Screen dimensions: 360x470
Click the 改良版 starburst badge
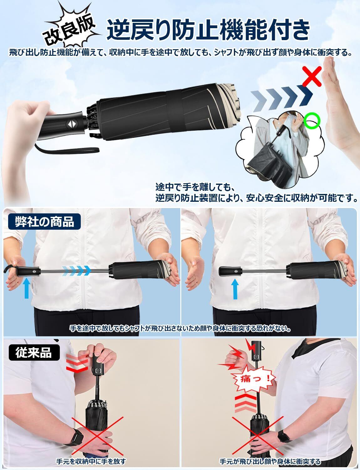tap(69, 26)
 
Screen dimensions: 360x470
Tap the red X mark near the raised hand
tap(311, 76)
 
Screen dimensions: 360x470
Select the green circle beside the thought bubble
tap(312, 120)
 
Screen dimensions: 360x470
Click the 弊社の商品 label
tap(44, 222)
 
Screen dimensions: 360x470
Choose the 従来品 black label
tap(34, 352)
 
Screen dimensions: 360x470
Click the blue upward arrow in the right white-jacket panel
tap(235, 289)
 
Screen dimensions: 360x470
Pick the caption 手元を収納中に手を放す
tap(91, 461)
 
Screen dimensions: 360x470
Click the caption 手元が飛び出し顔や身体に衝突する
tap(270, 461)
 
